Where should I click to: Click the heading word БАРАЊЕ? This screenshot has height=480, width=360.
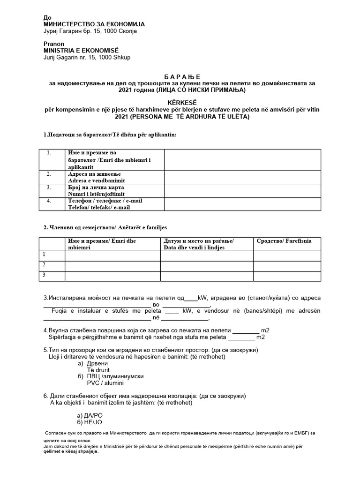pyautogui.click(x=180, y=76)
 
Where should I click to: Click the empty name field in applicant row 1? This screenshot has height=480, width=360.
pyautogui.click(x=242, y=160)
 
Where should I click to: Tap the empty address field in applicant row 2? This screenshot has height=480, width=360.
pyautogui.click(x=242, y=177)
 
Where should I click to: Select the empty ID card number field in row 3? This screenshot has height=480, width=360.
pyautogui.click(x=242, y=190)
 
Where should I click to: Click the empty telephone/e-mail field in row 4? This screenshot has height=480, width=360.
pyautogui.click(x=242, y=203)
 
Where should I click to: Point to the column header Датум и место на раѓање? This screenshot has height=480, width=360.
pyautogui.click(x=199, y=241)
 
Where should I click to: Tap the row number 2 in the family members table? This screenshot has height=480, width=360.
pyautogui.click(x=44, y=264)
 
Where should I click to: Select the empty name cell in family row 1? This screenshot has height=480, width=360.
pyautogui.click(x=112, y=255)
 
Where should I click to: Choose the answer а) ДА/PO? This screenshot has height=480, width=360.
pyautogui.click(x=89, y=415)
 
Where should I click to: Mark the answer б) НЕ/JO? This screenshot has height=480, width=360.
pyautogui.click(x=89, y=422)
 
